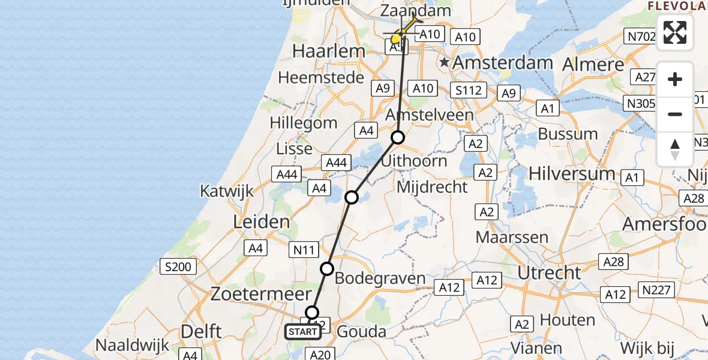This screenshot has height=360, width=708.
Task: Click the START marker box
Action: [x=303, y=332]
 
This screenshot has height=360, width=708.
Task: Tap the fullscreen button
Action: [x=675, y=32]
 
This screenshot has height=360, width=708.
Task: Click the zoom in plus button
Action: [x=675, y=79]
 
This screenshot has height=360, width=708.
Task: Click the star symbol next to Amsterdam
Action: [x=444, y=62]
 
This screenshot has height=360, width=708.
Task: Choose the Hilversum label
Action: [x=572, y=174]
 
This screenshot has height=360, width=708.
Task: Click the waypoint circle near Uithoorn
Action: [x=398, y=138]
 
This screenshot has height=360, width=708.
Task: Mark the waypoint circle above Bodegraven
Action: [x=327, y=268]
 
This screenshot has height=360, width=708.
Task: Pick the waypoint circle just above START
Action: [x=312, y=312]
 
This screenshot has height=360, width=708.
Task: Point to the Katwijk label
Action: [x=227, y=191]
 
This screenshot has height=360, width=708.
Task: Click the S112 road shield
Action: [x=468, y=90]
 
